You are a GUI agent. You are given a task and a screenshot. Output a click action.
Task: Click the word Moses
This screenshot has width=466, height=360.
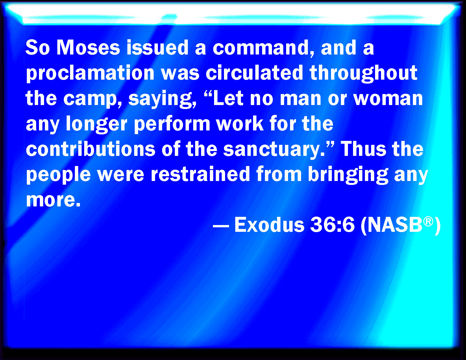(x=88, y=47)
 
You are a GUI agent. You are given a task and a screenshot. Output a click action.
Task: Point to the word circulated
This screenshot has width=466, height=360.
(x=254, y=73)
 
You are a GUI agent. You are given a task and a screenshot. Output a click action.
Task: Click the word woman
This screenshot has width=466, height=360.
(x=388, y=99)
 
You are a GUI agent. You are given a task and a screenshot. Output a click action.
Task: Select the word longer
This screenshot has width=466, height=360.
(x=97, y=124)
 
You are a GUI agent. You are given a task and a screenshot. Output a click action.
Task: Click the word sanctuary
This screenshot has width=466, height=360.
(x=274, y=149)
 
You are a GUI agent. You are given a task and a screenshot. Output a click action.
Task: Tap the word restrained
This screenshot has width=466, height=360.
(x=200, y=174)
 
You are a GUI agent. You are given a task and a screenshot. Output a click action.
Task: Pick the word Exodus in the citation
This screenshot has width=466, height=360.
(x=269, y=224)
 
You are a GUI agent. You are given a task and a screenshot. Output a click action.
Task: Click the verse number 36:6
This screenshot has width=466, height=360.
(x=332, y=225)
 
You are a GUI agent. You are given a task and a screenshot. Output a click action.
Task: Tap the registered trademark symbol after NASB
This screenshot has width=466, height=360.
(x=428, y=221)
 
